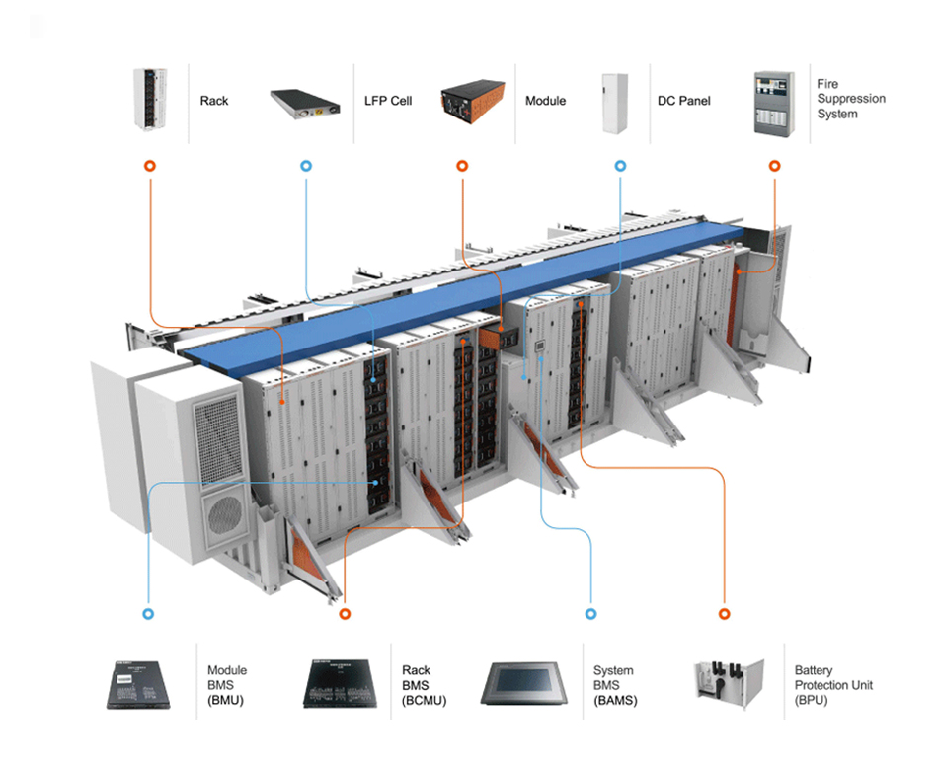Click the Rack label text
click(214, 101)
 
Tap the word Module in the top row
click(545, 101)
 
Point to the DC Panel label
click(683, 101)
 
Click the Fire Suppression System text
click(850, 99)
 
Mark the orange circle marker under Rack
click(149, 166)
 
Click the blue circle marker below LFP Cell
click(306, 166)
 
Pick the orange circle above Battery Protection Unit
click(724, 613)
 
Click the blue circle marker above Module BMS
click(148, 613)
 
